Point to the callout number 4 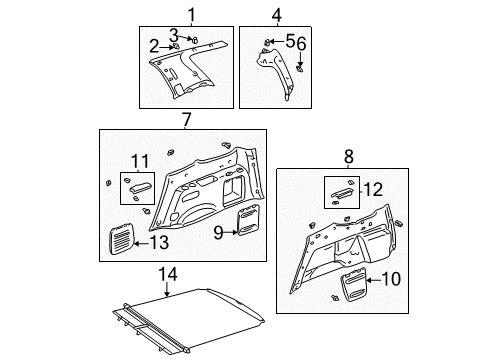pyautogui.click(x=277, y=14)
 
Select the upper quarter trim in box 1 pyautogui.click(x=186, y=75)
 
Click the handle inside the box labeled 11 pyautogui.click(x=138, y=183)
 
